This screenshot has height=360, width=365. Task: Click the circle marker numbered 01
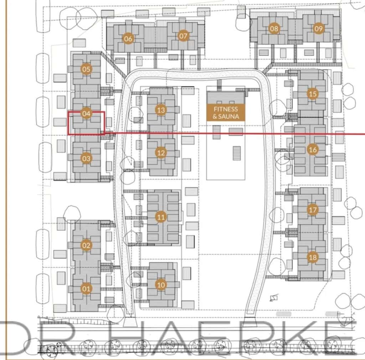coord(86,288)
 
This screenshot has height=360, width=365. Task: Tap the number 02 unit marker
coord(86,245)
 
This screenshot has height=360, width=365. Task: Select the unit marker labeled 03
coord(86,158)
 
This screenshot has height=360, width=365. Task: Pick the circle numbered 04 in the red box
coord(86,114)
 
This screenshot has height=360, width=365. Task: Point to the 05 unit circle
coord(86,69)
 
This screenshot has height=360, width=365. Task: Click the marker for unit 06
coord(128,38)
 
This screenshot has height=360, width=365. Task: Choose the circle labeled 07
coord(183,36)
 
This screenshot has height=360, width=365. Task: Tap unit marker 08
coord(274,28)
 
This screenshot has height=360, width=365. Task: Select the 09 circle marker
coord(318,28)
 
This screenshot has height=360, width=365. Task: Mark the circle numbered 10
coord(161,285)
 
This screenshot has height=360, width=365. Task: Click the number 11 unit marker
coord(161,217)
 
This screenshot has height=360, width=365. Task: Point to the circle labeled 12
coord(161,153)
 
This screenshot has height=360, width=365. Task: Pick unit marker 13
coord(161,110)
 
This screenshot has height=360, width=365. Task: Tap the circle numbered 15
coord(313,94)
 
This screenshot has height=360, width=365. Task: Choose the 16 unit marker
coord(313,150)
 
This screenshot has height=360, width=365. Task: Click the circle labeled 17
coord(313,210)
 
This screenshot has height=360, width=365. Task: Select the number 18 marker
coord(313,257)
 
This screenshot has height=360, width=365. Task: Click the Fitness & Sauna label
coord(226,113)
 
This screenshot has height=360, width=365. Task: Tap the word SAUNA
coord(228,116)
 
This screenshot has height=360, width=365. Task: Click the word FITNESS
coord(226,109)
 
